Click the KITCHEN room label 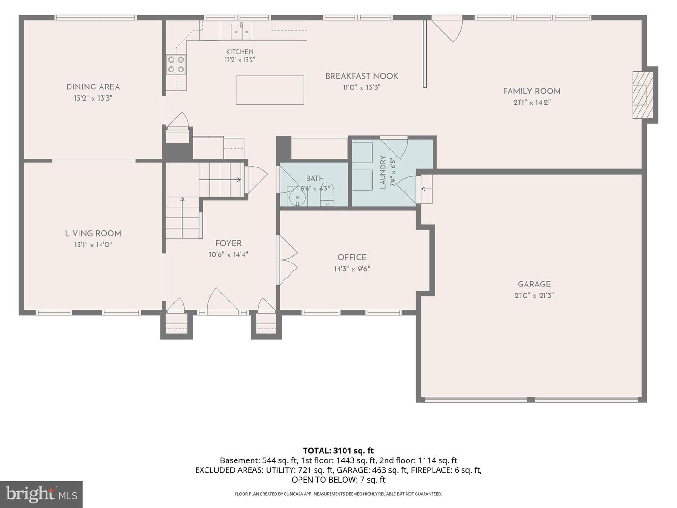click(x=240, y=52)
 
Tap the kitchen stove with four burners click(x=176, y=64)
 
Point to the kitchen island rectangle click(x=270, y=90)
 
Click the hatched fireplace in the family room click(x=643, y=95)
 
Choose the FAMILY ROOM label click(x=532, y=91)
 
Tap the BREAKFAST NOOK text click(x=362, y=76)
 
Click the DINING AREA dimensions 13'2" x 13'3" click(x=93, y=98)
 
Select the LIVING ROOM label click(x=93, y=233)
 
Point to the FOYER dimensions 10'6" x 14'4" click(x=228, y=255)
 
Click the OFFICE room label click(x=352, y=258)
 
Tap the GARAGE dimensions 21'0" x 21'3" click(x=534, y=295)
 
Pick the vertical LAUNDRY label click(x=383, y=172)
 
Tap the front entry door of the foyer click(x=222, y=302)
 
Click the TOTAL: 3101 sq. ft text click(x=338, y=451)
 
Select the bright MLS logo click(x=41, y=494)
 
